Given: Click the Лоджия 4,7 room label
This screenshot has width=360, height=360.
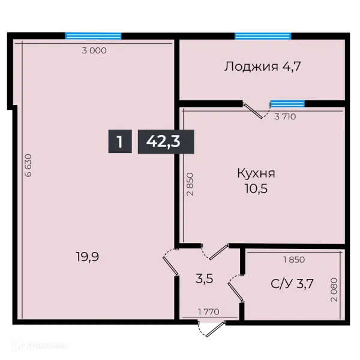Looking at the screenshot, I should [x=262, y=66].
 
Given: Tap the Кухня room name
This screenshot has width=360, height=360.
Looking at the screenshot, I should [x=256, y=173].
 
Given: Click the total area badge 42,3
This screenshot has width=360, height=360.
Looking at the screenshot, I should [x=166, y=142].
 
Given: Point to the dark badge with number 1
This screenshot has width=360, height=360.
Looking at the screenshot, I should [x=120, y=142].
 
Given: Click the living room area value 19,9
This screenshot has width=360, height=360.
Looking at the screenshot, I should [x=88, y=257].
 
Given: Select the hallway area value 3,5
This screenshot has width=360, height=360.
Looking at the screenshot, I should [x=205, y=278].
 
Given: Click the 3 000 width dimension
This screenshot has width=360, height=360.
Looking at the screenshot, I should [x=94, y=51].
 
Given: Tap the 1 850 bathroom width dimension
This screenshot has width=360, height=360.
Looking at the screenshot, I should [x=294, y=260].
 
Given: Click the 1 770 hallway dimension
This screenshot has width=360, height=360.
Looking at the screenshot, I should [x=210, y=311].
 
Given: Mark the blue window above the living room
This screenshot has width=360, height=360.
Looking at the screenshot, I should [x=93, y=35].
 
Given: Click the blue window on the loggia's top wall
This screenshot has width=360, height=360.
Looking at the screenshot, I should [x=263, y=35].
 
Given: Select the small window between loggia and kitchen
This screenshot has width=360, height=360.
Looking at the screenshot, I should [x=287, y=104].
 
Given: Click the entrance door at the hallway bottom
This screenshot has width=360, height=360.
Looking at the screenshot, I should [x=212, y=328].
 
